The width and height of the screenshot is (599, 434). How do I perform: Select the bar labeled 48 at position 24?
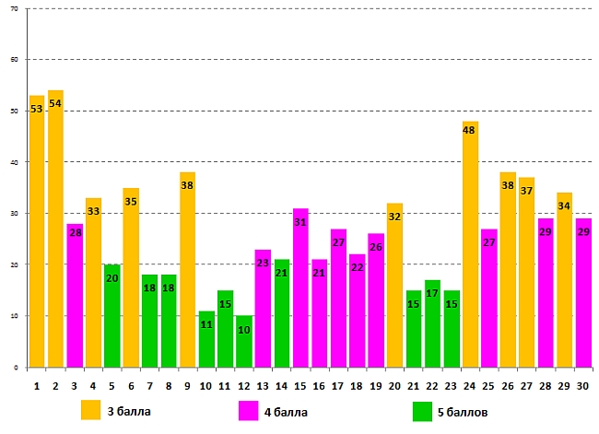(x=470, y=244)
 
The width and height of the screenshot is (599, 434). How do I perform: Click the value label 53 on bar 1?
(x=37, y=109)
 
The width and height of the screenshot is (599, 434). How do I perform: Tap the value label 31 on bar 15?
(x=300, y=222)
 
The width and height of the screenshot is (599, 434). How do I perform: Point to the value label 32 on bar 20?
(x=394, y=217)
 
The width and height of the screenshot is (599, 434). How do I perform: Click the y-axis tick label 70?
(x=15, y=8)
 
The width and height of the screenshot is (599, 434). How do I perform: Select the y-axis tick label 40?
(x=15, y=162)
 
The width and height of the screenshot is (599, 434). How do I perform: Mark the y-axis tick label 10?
(x=15, y=316)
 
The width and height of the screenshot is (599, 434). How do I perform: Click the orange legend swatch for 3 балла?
(x=91, y=410)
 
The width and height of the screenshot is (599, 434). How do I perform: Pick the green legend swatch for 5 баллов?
(x=423, y=410)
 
